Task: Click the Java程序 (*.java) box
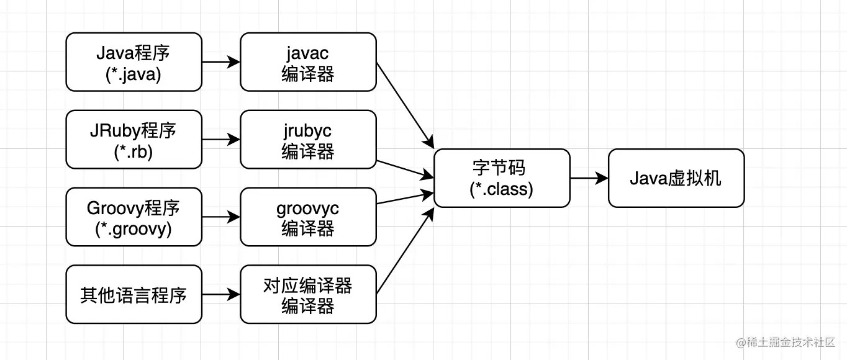[x=134, y=62]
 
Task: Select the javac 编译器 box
[x=308, y=62]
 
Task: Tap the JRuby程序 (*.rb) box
[x=134, y=140]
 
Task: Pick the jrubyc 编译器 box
[x=308, y=140]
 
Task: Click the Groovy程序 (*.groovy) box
[x=134, y=217]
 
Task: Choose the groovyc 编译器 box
[x=308, y=217]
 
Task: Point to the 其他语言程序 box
[x=134, y=294]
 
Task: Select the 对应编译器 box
[x=308, y=294]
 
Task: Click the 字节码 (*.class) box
[x=502, y=178]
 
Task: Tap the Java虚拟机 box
[x=676, y=178]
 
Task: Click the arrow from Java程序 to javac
[x=221, y=62]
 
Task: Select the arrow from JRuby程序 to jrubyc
[x=221, y=140]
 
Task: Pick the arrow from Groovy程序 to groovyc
[x=221, y=217]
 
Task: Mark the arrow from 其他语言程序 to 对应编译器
[x=221, y=294]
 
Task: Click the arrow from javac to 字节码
[x=404, y=104]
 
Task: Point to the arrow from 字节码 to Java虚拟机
[x=589, y=178]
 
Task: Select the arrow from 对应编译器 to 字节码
[x=404, y=252]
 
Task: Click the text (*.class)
[x=502, y=189]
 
